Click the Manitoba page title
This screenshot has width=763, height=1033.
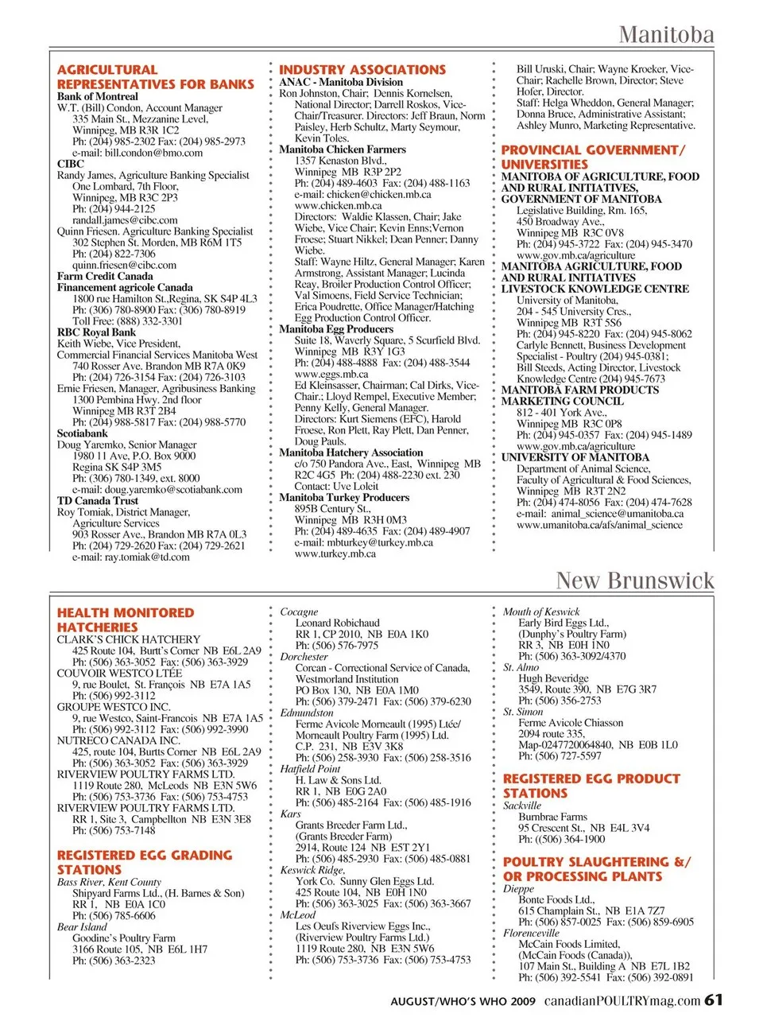(666, 35)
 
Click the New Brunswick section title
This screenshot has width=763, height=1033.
(635, 581)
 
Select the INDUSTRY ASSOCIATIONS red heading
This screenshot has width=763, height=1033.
(362, 70)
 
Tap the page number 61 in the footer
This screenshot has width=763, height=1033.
(714, 1000)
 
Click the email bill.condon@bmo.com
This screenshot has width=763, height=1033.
(137, 153)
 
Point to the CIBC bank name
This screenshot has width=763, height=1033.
(71, 164)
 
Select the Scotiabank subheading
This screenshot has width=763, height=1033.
(83, 433)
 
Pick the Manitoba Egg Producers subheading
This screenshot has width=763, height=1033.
(336, 328)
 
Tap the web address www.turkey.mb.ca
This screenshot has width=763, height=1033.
(335, 553)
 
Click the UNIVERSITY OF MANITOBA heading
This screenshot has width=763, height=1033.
(575, 457)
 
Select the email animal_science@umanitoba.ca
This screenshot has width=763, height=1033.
(599, 514)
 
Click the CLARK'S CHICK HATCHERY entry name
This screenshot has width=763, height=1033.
(129, 639)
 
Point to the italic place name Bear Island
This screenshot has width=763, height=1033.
(82, 926)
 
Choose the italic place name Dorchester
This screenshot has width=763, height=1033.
(304, 657)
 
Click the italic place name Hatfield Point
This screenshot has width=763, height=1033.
(310, 769)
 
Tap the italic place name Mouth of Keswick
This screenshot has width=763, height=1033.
(541, 612)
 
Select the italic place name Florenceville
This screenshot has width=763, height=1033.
(531, 933)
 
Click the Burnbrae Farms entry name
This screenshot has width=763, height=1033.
(552, 817)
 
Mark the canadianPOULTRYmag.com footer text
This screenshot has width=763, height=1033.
(622, 1000)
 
